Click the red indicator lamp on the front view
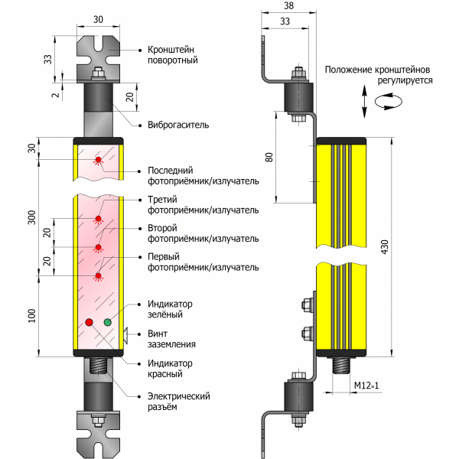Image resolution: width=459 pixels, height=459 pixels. tap(89, 322)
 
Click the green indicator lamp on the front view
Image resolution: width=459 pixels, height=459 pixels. tap(107, 322)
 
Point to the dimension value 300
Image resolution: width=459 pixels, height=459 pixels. tap(31, 217)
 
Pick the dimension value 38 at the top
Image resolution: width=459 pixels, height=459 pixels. tap(288, 6)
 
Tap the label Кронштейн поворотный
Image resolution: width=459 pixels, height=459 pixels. tap(173, 55)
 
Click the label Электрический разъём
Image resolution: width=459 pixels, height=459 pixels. tap(179, 402)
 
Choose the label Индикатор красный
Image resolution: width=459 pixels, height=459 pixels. tap(169, 369)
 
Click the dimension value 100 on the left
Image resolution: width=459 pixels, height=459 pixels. tap(31, 314)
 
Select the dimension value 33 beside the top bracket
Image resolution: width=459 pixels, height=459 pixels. tap(48, 59)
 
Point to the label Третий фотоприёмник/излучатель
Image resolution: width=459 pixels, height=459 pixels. tap(202, 205)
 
